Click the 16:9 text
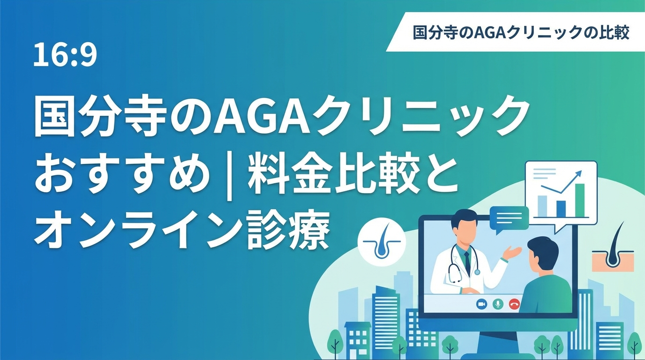click(65, 55)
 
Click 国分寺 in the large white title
click(100, 118)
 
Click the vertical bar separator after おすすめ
click(229, 177)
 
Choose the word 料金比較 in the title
click(329, 176)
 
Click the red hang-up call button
click(514, 304)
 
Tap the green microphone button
click(498, 304)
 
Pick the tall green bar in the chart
click(580, 200)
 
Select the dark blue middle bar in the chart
click(561, 209)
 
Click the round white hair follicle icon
click(382, 241)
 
